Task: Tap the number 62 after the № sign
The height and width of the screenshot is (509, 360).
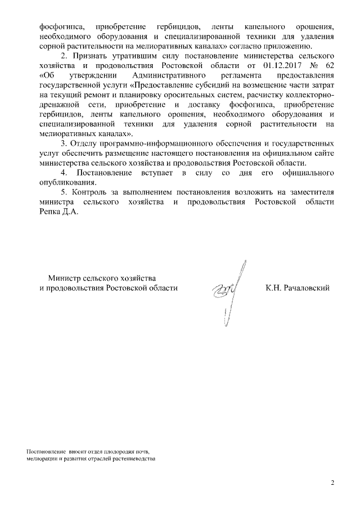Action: tap(329, 66)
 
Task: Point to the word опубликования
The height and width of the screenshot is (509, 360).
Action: tap(64, 182)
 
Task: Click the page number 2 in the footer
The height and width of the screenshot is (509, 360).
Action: tap(332, 483)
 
